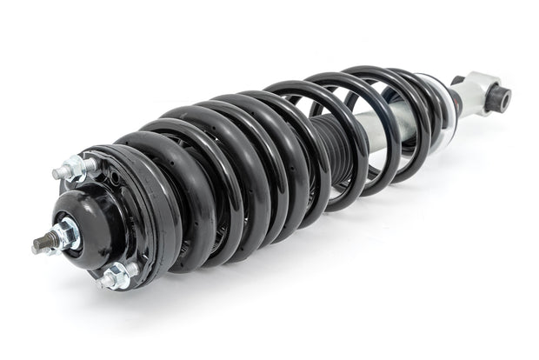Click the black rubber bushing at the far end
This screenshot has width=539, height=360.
pyautogui.click(x=500, y=97)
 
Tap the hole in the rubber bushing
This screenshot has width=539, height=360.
pyautogui.click(x=502, y=98)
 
